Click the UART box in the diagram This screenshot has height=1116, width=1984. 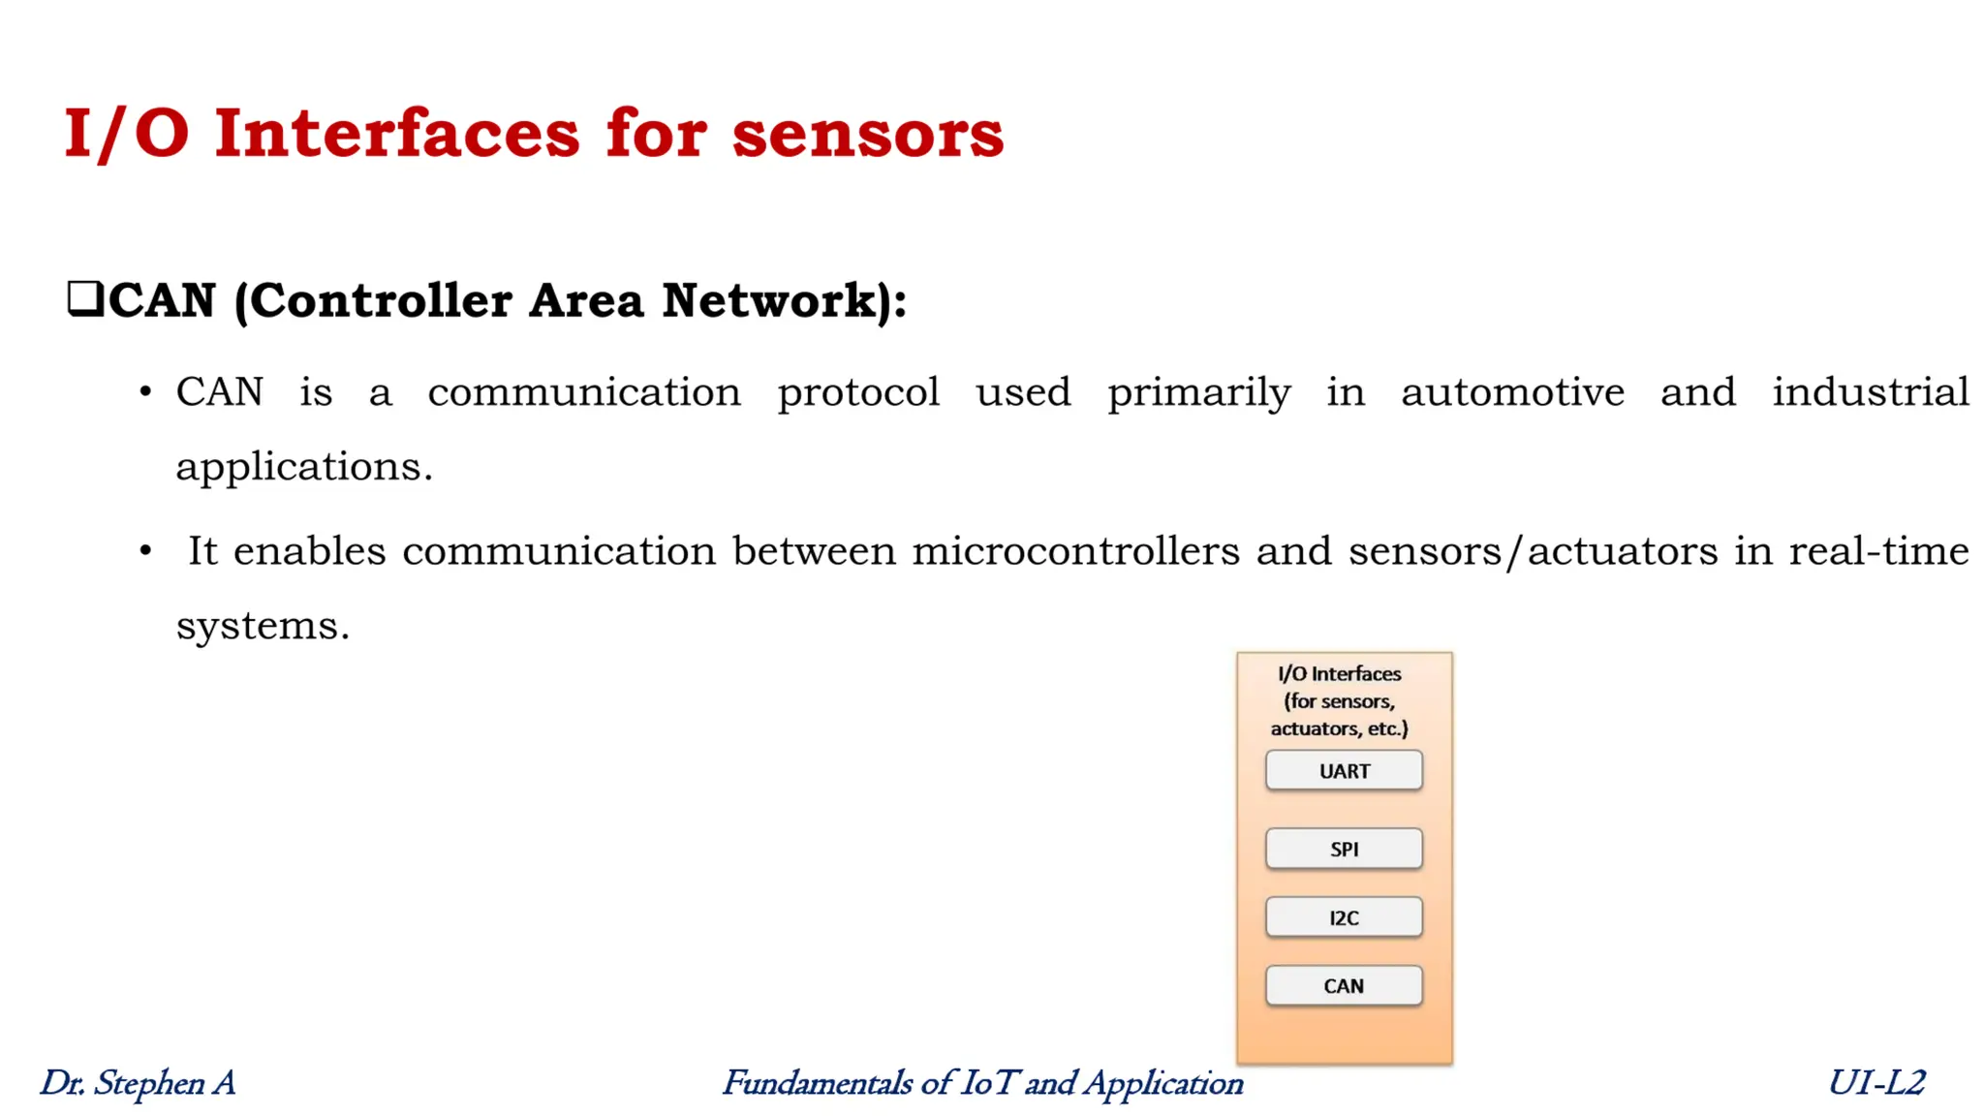(1344, 771)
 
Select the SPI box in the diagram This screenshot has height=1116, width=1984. (1344, 849)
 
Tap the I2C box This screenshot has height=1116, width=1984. (1344, 917)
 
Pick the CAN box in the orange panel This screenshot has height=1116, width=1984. (1344, 985)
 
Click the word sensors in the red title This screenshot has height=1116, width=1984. (867, 134)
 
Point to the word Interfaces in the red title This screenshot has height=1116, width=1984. (397, 134)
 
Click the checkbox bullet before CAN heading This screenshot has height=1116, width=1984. (85, 298)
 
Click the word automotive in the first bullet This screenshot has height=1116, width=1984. (1512, 392)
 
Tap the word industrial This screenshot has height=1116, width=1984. (1870, 392)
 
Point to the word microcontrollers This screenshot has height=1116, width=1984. (1075, 551)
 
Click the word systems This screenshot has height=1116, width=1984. (262, 626)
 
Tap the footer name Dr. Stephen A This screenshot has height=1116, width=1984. (138, 1082)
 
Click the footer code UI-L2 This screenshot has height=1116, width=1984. (1875, 1082)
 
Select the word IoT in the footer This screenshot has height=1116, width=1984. (987, 1082)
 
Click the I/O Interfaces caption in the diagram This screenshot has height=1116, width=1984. (1339, 673)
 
